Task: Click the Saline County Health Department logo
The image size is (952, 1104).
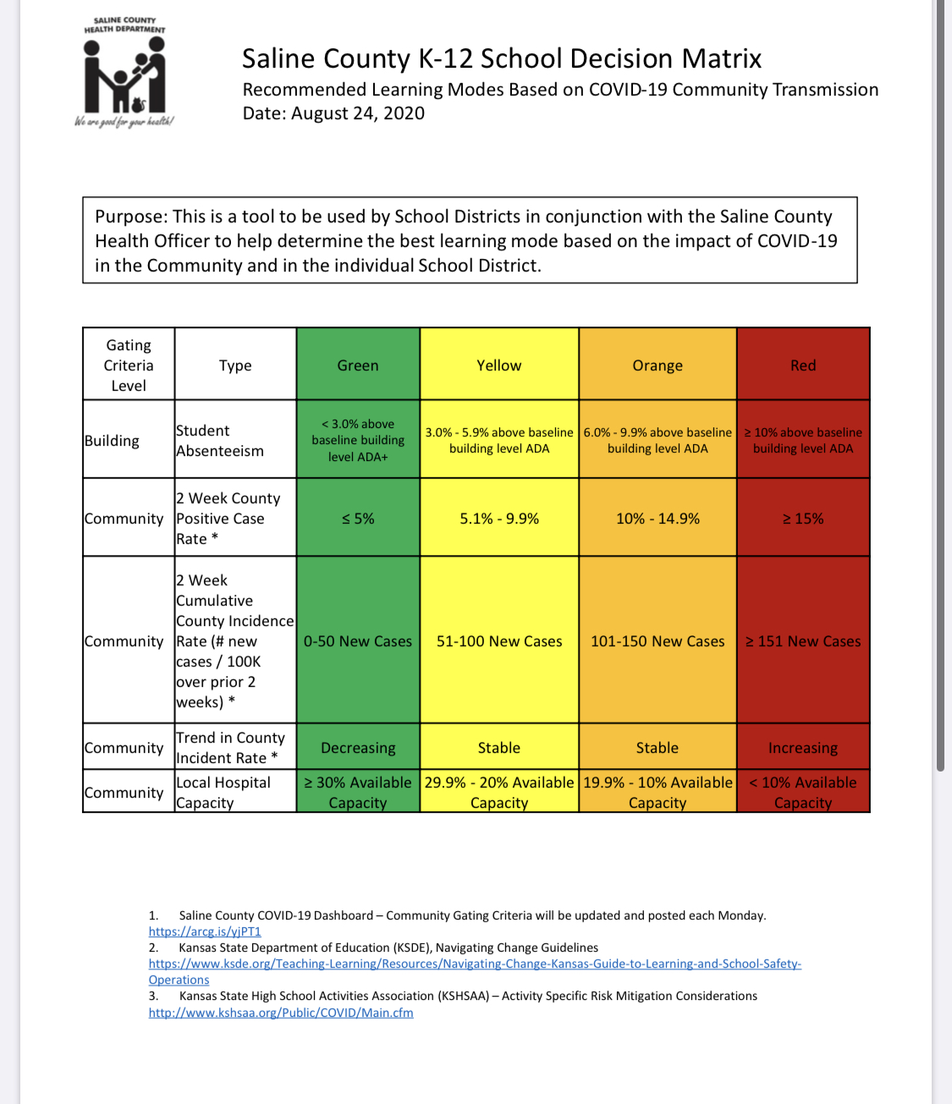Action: tap(124, 74)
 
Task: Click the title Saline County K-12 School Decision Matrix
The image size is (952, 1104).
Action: tap(501, 58)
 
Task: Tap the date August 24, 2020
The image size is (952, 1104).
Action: tap(333, 113)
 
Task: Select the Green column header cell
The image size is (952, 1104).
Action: tap(358, 365)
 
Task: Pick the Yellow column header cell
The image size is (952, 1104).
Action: tap(499, 365)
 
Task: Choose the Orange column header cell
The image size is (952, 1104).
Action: tap(658, 365)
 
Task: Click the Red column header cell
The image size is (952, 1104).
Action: tap(803, 365)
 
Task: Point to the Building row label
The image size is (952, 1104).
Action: tap(112, 440)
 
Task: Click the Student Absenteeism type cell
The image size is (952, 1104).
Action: tap(220, 440)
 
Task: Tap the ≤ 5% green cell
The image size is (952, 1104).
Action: tap(358, 519)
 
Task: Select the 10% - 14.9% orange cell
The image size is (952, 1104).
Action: tap(658, 519)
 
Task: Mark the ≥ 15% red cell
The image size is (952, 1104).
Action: tap(803, 519)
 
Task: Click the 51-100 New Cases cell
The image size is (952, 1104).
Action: tap(499, 641)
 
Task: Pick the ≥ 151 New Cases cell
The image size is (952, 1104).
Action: tap(803, 641)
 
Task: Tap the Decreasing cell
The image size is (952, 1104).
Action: tap(358, 748)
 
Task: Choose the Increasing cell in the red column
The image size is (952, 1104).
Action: tap(803, 748)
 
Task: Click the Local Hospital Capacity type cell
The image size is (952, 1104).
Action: tap(223, 793)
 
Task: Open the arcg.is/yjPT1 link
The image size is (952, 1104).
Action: tap(205, 931)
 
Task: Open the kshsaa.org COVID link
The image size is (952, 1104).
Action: tap(281, 1013)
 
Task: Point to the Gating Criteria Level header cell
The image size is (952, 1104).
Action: tap(129, 365)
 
